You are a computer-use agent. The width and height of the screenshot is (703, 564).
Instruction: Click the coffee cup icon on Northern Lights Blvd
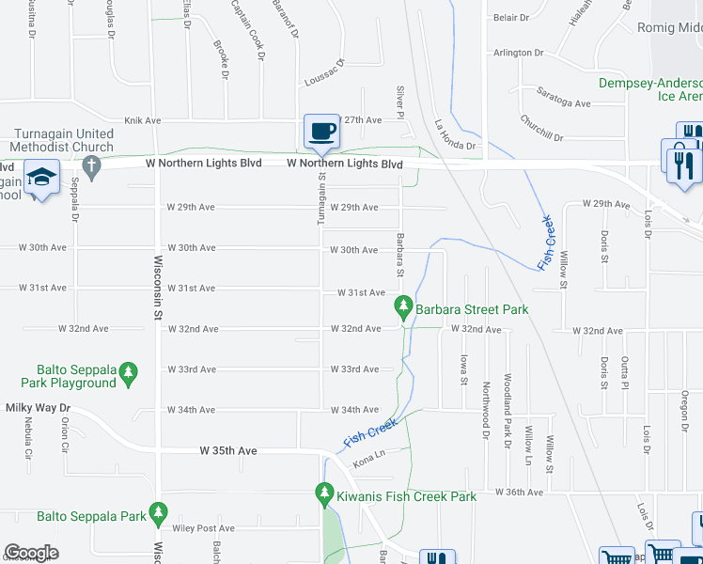pyautogui.click(x=321, y=132)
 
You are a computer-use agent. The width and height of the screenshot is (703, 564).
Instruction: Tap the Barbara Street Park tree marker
pyautogui.click(x=403, y=306)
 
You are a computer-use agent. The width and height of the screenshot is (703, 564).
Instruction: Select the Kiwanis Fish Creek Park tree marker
pyautogui.click(x=324, y=493)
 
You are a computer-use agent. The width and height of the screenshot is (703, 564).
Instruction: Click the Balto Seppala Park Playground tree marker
pyautogui.click(x=130, y=374)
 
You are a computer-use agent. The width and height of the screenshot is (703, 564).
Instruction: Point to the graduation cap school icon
pyautogui.click(x=41, y=179)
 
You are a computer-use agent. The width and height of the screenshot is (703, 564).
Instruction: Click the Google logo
pyautogui.click(x=31, y=553)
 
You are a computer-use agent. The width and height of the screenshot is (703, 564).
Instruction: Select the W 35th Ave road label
pyautogui.click(x=227, y=451)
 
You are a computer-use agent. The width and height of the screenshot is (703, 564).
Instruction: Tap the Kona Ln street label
pyautogui.click(x=369, y=462)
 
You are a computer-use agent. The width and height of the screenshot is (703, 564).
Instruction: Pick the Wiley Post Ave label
pyautogui.click(x=202, y=529)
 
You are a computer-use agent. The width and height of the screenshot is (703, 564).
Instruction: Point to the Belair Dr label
pyautogui.click(x=512, y=18)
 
